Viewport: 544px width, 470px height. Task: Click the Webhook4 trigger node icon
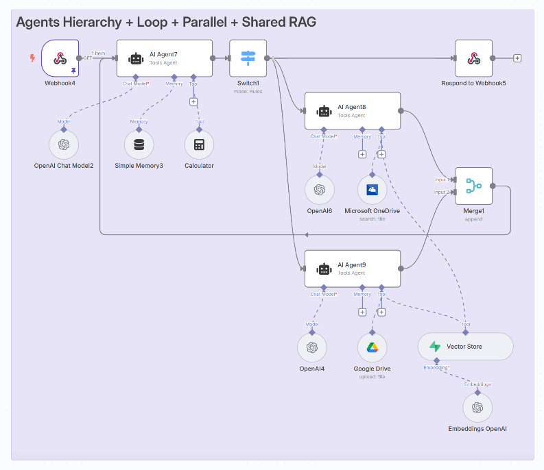[x=60, y=58]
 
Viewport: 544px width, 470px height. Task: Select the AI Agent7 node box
[x=165, y=58]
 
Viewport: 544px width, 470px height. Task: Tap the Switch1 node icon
[x=248, y=58]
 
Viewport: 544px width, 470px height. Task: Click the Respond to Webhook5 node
[x=473, y=58]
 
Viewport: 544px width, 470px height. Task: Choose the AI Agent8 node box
[x=353, y=111]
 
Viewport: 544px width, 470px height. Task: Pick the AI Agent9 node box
[x=353, y=269]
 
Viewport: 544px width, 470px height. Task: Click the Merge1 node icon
[x=473, y=186]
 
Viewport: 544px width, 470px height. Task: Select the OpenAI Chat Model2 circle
[x=64, y=145]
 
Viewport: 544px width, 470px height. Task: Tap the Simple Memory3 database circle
[x=139, y=145]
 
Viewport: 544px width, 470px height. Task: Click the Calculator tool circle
[x=199, y=145]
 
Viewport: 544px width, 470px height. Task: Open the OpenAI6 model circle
[x=319, y=190]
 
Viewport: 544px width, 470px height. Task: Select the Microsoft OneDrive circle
[x=372, y=190]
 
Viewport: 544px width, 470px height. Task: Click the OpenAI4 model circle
[x=312, y=347]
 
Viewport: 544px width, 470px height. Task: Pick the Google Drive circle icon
[x=372, y=347]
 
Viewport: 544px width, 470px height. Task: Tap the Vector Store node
[x=465, y=347]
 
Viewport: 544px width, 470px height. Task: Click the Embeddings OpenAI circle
[x=477, y=408]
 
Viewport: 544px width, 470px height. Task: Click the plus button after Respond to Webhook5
[x=517, y=58]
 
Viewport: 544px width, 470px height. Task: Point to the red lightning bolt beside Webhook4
[x=32, y=58]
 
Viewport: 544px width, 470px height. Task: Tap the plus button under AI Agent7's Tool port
[x=193, y=101]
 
